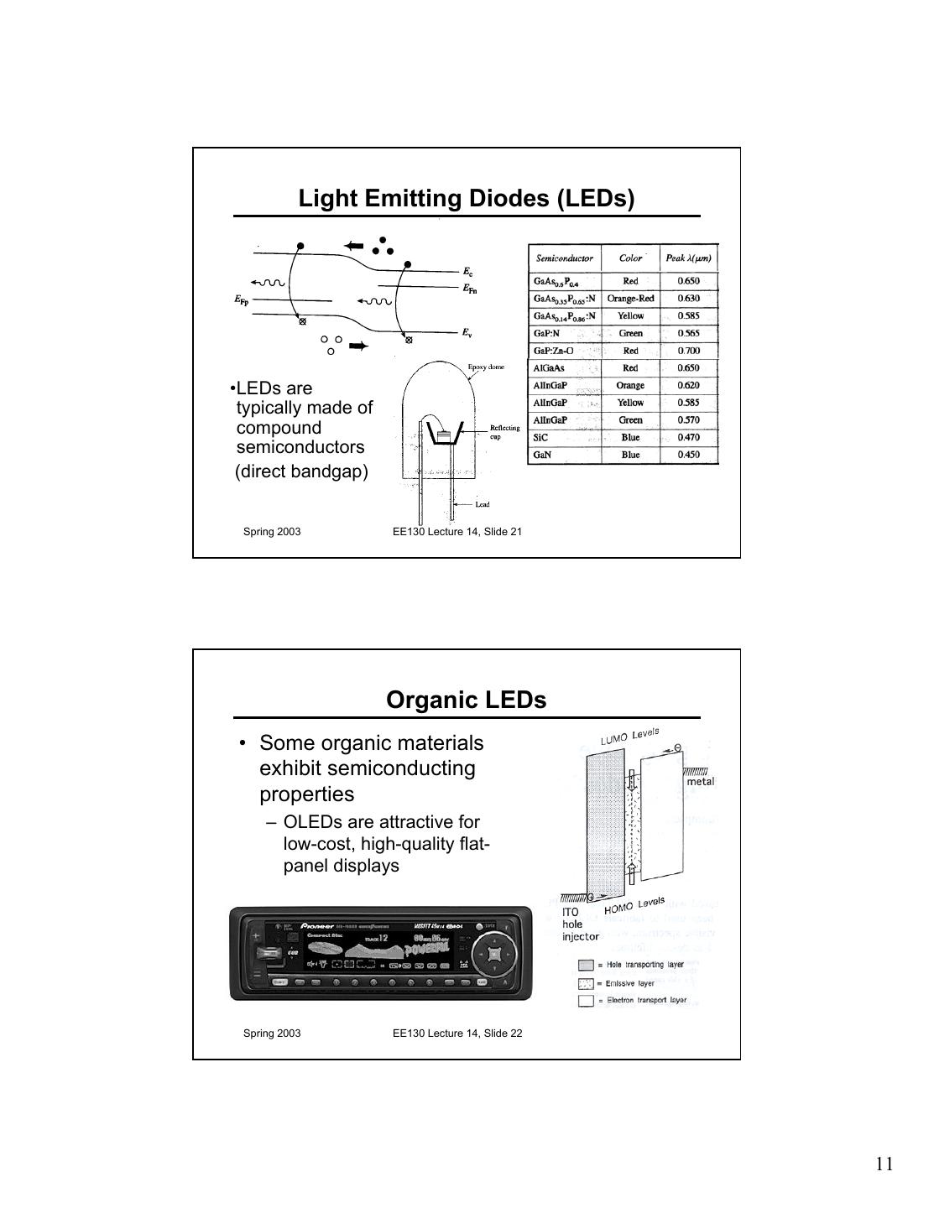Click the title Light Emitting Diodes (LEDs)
click(467, 199)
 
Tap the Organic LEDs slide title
click(466, 700)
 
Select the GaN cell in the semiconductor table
click(542, 455)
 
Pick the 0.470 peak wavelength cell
click(688, 437)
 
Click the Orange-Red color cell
click(630, 299)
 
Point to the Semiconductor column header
click(564, 258)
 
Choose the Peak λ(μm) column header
click(688, 258)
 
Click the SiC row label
click(540, 437)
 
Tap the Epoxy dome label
click(486, 367)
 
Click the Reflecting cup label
click(504, 432)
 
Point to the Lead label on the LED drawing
click(483, 504)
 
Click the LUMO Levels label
click(629, 736)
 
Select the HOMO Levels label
click(634, 906)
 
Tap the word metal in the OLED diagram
click(701, 781)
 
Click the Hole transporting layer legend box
click(586, 966)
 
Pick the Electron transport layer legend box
click(586, 1001)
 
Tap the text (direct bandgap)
click(301, 471)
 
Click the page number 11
click(884, 1164)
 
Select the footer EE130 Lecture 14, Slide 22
click(457, 1033)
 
